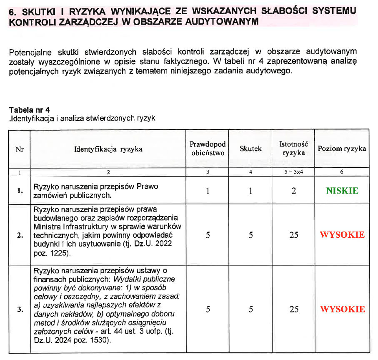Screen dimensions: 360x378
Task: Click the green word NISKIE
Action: tap(342, 191)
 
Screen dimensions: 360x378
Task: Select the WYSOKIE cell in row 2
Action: tap(342, 234)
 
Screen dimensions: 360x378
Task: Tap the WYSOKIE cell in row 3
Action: tap(342, 309)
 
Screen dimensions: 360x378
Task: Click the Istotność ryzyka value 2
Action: tap(294, 191)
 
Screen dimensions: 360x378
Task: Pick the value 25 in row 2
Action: tap(294, 234)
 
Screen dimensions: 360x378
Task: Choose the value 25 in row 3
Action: tap(294, 309)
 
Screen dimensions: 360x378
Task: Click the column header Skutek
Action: tap(250, 149)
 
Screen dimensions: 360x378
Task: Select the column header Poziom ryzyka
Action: tap(342, 149)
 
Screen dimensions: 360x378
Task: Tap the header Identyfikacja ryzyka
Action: tap(108, 149)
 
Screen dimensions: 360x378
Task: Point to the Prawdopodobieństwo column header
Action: tap(208, 149)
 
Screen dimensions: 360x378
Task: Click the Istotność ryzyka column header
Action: tap(294, 149)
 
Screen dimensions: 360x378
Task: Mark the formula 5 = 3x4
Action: tap(294, 172)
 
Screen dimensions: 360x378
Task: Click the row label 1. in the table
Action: tap(20, 191)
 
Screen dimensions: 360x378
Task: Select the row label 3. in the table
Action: tap(20, 309)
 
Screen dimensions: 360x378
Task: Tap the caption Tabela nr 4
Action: tap(29, 110)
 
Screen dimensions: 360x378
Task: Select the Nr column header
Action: tap(20, 149)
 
